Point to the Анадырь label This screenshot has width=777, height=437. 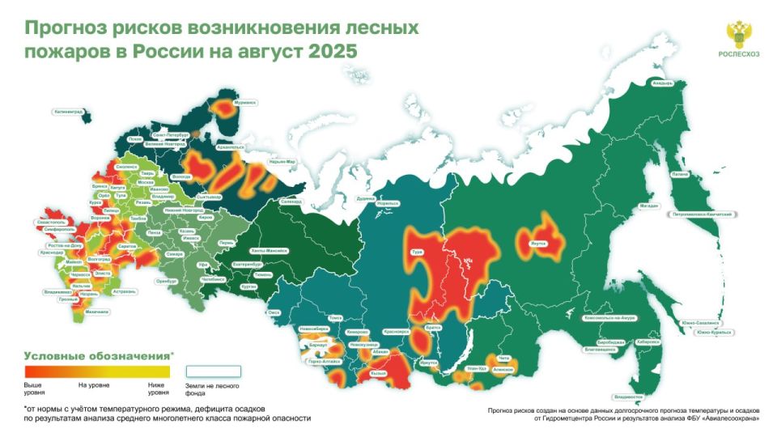coord(663,83)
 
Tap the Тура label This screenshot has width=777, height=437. coord(418,252)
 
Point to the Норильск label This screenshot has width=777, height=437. coord(388,202)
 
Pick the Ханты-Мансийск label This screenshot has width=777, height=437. coord(270,250)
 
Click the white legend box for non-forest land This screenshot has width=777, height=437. coord(214,371)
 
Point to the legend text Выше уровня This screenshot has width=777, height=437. coord(33,388)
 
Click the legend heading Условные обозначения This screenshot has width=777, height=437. coord(97,355)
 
